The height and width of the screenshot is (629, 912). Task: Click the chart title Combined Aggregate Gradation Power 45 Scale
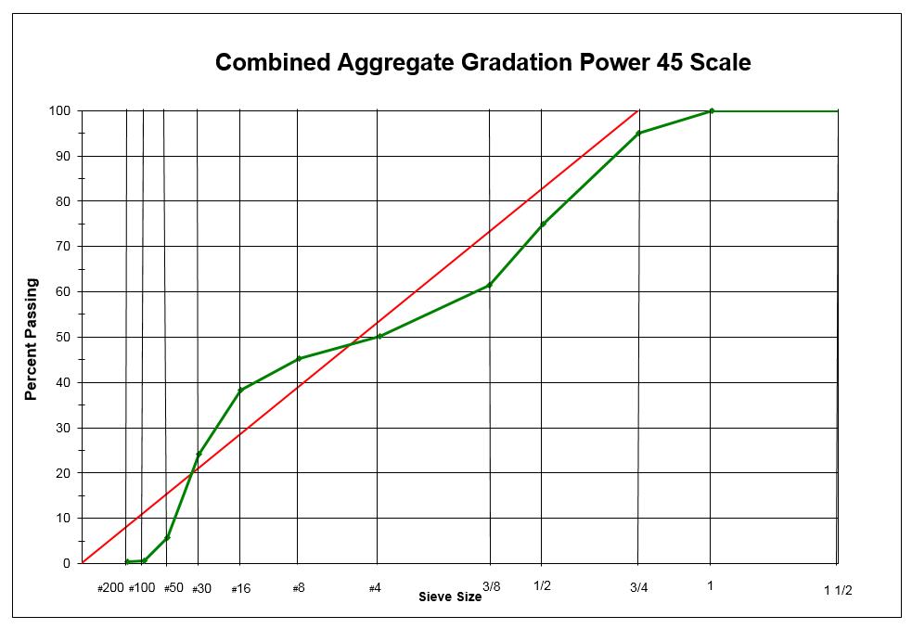tap(482, 63)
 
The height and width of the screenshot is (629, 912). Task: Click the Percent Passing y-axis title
tap(32, 339)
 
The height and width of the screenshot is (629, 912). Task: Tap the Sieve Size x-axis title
tap(450, 597)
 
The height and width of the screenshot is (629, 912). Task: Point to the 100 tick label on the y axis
tap(60, 111)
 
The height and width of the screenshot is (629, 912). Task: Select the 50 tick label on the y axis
tap(64, 338)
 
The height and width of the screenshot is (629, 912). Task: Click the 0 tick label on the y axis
tap(67, 564)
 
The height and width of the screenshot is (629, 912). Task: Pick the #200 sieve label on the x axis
tap(110, 588)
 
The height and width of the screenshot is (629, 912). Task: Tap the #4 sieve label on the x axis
tap(375, 588)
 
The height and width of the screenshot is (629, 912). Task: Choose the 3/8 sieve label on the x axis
tap(492, 586)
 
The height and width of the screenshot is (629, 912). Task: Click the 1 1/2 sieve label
tap(838, 591)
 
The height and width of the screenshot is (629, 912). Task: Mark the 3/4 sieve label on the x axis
tap(639, 587)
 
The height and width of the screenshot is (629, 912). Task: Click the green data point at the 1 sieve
tap(712, 110)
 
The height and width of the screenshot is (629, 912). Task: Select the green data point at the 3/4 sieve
tap(638, 134)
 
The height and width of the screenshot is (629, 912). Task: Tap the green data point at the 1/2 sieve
tap(543, 224)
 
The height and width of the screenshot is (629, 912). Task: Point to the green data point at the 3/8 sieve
tap(489, 285)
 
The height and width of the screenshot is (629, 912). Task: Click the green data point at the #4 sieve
tap(379, 336)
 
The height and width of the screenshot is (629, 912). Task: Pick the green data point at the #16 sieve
tap(240, 390)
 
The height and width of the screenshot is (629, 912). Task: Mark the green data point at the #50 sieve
tap(167, 538)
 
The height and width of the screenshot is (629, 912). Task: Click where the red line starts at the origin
tap(82, 563)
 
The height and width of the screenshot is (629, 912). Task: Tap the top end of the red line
tap(637, 110)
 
